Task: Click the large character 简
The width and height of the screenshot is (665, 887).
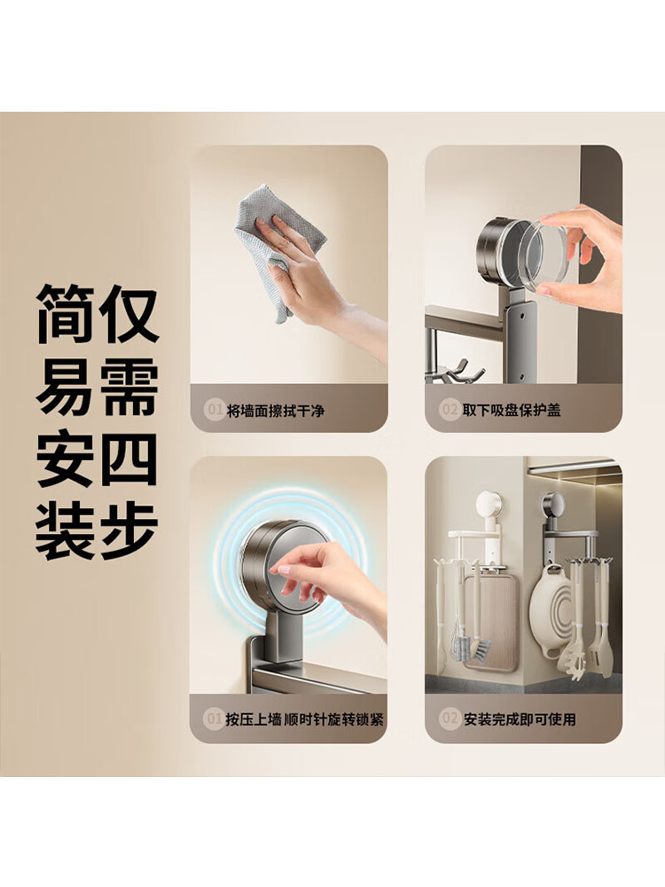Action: pyautogui.click(x=65, y=314)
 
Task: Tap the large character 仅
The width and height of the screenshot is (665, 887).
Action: pyautogui.click(x=129, y=314)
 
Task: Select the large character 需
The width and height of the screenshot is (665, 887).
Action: pyautogui.click(x=129, y=388)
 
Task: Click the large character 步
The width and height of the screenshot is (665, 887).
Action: pyautogui.click(x=129, y=532)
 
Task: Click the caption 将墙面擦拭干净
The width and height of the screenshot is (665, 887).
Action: pyautogui.click(x=276, y=411)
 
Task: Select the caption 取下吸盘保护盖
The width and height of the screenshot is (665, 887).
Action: pyautogui.click(x=512, y=410)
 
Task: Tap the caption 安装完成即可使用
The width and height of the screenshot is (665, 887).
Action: pyautogui.click(x=520, y=719)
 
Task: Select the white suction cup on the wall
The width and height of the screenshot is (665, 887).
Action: pyautogui.click(x=489, y=506)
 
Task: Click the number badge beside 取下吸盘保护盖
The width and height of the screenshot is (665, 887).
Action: pyautogui.click(x=450, y=409)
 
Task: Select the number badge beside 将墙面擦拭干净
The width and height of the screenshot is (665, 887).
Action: pyautogui.click(x=214, y=410)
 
